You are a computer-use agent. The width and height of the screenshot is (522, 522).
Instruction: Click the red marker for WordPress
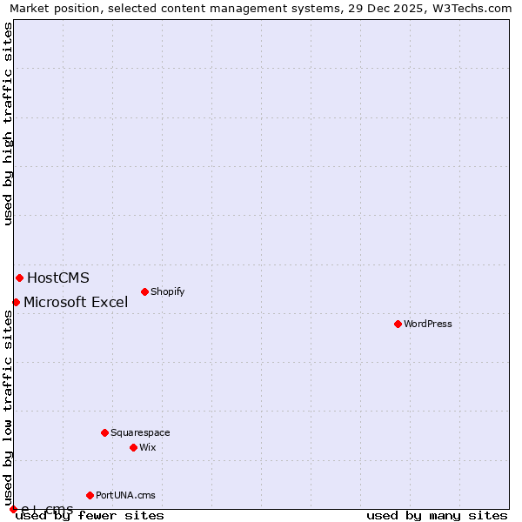[x=398, y=324]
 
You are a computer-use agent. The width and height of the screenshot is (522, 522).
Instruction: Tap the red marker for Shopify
[x=144, y=291]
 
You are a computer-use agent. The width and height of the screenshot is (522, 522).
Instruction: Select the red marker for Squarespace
[x=104, y=432]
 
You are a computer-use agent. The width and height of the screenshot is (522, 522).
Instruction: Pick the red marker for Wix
[x=133, y=447]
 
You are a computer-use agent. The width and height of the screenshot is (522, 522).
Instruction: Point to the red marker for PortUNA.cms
[x=90, y=495]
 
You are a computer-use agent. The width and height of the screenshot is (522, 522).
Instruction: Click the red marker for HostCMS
[x=19, y=278]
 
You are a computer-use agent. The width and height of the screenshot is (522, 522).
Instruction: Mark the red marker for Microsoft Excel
[x=16, y=302]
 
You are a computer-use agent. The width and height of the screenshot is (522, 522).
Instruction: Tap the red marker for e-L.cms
[x=13, y=509]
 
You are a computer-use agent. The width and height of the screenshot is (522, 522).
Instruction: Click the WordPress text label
[x=428, y=324]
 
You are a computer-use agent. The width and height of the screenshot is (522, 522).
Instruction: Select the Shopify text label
[x=168, y=291]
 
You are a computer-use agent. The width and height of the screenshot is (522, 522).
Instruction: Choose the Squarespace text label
[x=140, y=432]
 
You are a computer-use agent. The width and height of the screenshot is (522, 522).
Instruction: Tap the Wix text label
[x=148, y=447]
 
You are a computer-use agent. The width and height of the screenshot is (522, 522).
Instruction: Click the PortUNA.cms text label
[x=125, y=495]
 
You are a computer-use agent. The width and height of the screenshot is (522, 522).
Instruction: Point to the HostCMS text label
[x=58, y=278]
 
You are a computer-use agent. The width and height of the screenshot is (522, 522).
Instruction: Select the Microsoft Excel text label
[x=76, y=302]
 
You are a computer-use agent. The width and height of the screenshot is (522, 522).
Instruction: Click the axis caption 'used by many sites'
[x=437, y=515]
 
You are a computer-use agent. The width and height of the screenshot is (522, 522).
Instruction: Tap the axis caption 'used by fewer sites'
[x=90, y=515]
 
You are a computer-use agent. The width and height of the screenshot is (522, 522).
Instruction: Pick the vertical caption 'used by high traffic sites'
[x=8, y=124]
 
